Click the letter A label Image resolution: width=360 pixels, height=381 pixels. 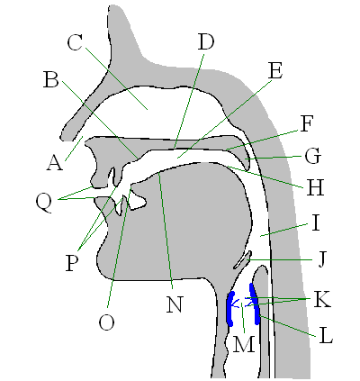point(55,163)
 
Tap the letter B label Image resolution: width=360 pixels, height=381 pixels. point(50,79)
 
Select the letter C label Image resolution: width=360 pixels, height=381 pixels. point(75,42)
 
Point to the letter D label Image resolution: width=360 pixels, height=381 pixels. point(206,41)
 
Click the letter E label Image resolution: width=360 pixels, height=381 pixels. point(275,71)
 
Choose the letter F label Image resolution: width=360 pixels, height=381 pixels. point(306,123)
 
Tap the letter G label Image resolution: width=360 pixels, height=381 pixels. point(312,156)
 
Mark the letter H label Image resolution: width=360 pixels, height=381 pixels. point(315,187)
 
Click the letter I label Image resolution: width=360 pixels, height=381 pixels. point(315,223)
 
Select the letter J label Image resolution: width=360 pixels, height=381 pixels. point(321,259)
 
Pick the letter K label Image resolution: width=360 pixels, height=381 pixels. point(322,299)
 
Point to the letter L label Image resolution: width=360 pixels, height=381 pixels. point(326,336)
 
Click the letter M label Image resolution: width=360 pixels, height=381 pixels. point(244,344)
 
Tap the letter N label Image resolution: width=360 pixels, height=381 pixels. point(175,304)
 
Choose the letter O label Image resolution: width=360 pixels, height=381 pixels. point(107,322)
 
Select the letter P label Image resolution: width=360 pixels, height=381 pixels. point(72,263)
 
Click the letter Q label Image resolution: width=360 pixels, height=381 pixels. point(44,203)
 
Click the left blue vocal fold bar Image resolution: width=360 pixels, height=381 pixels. point(230,308)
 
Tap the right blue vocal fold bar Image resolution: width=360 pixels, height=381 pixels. point(255,304)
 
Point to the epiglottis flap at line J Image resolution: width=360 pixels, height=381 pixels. point(242,260)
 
